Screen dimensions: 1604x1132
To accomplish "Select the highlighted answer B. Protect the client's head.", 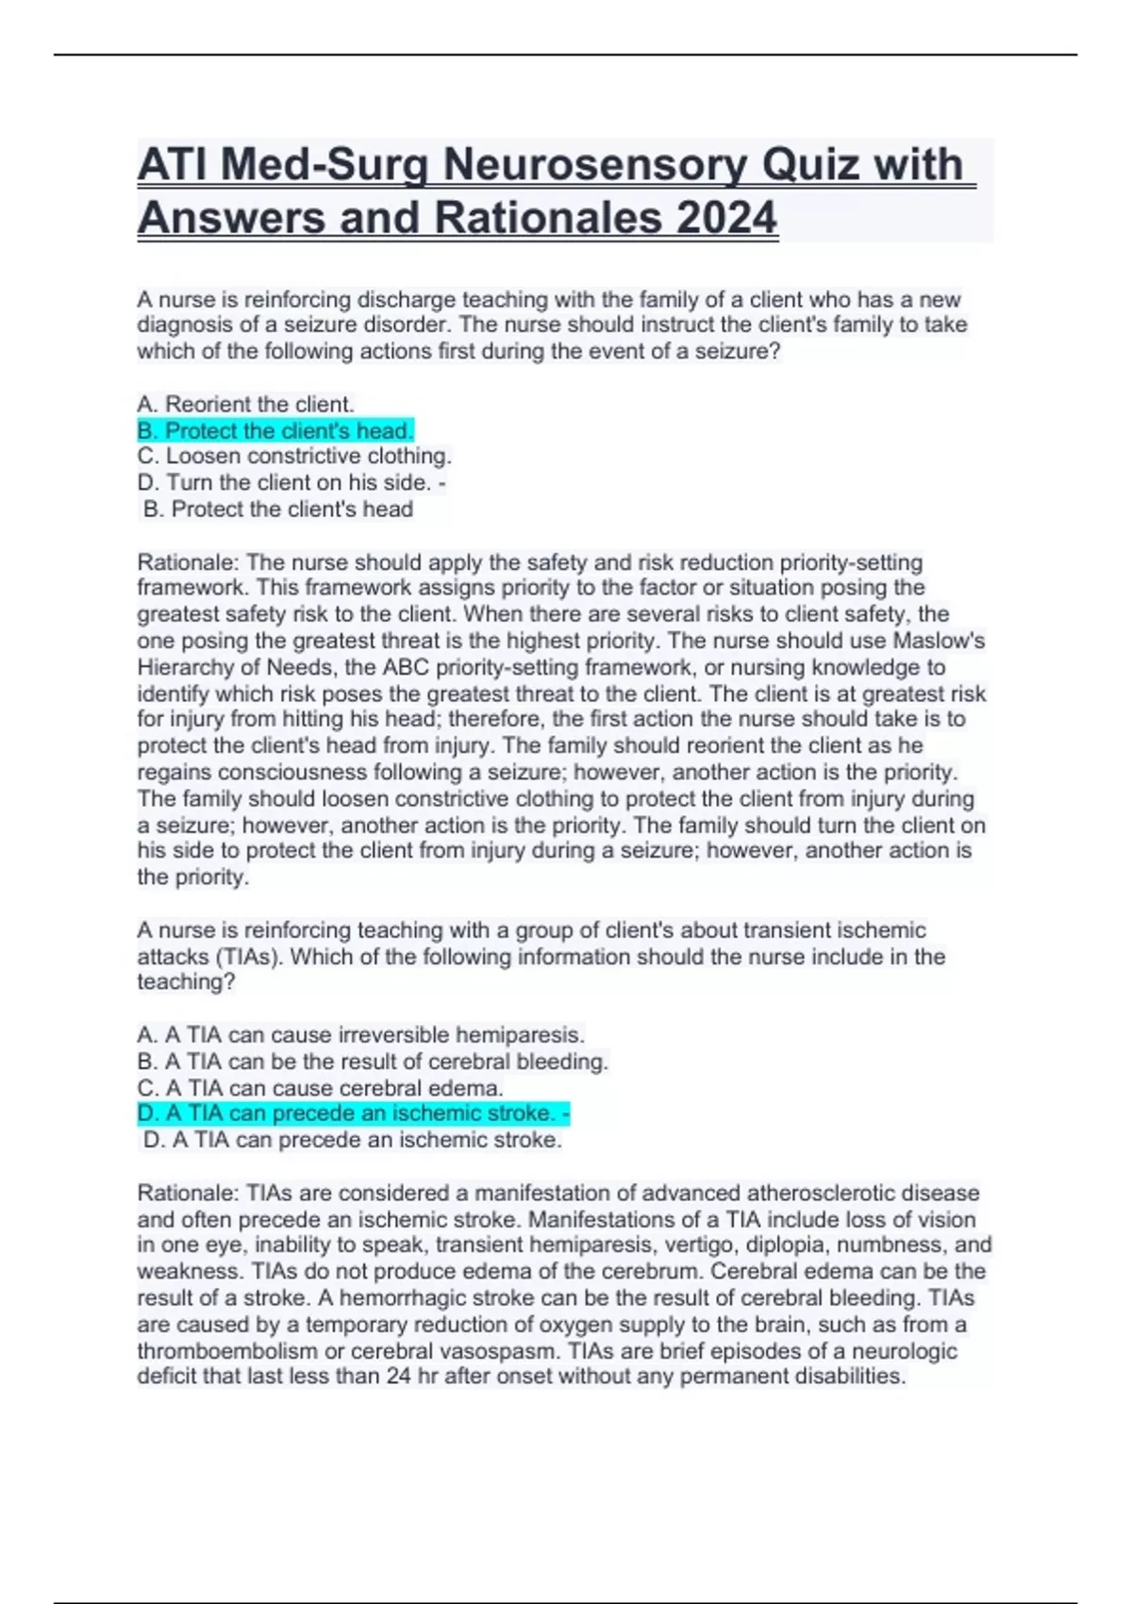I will (275, 431).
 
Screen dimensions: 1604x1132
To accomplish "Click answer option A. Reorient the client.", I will (245, 405).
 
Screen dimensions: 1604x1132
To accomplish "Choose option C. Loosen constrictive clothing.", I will (294, 457).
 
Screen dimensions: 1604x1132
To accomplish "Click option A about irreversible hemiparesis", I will (360, 1035).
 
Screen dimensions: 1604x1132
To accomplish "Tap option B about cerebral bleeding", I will (373, 1061).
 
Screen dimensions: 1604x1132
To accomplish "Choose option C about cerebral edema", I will (320, 1088).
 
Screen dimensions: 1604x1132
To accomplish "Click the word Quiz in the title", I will (811, 165).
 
